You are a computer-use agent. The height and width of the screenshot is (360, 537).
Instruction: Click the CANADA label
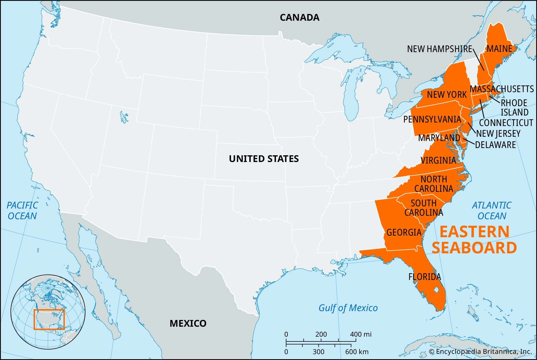pyautogui.click(x=299, y=17)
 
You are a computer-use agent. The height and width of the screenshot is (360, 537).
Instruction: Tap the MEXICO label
pyautogui.click(x=188, y=323)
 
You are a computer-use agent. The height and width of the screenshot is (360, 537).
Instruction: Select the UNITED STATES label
pyautogui.click(x=264, y=159)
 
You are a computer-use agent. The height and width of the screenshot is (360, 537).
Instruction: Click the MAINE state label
pyautogui.click(x=499, y=49)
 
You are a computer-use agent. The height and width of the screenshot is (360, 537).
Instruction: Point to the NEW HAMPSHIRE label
pyautogui.click(x=440, y=49)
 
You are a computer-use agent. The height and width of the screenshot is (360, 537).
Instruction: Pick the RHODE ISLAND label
pyautogui.click(x=514, y=107)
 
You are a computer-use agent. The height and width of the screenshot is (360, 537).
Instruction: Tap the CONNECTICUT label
pyautogui.click(x=506, y=123)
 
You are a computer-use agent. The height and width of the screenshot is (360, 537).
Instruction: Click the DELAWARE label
pyautogui.click(x=495, y=145)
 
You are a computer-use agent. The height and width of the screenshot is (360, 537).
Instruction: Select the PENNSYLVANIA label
pyautogui.click(x=432, y=119)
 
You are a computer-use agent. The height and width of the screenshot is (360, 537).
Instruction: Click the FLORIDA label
pyautogui.click(x=424, y=277)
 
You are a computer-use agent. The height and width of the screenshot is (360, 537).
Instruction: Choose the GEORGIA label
pyautogui.click(x=404, y=232)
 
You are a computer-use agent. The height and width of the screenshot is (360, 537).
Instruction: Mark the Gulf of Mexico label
pyautogui.click(x=348, y=308)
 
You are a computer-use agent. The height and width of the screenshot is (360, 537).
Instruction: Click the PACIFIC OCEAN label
pyautogui.click(x=22, y=211)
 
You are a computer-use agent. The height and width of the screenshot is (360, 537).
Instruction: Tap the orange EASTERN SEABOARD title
pyautogui.click(x=474, y=240)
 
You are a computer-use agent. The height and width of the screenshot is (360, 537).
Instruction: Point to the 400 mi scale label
pyautogui.click(x=361, y=334)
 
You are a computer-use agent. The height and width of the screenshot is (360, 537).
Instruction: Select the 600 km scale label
pyautogui.click(x=357, y=352)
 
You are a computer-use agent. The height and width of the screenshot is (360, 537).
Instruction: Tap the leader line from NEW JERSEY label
pyautogui.click(x=472, y=128)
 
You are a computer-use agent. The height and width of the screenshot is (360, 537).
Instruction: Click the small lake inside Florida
pyautogui.click(x=436, y=290)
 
